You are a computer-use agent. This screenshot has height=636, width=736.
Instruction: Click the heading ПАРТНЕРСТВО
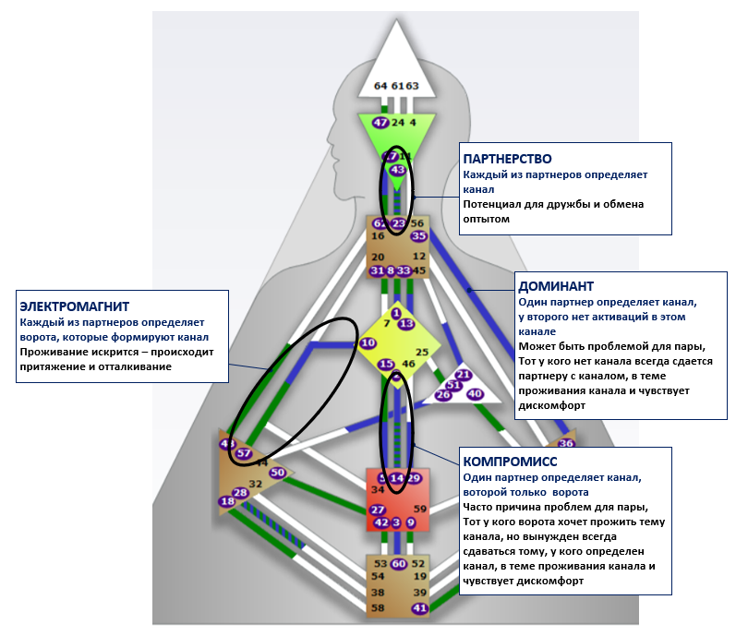(x=508, y=159)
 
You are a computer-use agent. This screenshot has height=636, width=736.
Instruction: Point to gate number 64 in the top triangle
(x=380, y=86)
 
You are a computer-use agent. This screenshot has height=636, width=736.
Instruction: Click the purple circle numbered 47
(x=380, y=122)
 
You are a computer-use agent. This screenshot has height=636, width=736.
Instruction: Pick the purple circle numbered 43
(x=398, y=170)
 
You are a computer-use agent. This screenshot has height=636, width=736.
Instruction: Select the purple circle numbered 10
(x=368, y=342)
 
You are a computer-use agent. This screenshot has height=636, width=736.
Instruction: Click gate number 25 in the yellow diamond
(x=422, y=352)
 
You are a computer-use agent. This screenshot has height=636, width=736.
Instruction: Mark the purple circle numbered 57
(x=244, y=453)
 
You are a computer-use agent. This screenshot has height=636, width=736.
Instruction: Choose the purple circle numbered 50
(x=277, y=473)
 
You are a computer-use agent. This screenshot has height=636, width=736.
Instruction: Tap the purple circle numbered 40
(x=475, y=394)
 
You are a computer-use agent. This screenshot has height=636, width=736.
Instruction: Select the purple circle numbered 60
(x=398, y=563)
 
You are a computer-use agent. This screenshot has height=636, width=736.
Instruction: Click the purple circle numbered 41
(x=419, y=608)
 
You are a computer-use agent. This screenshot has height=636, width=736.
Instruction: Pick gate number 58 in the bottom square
(x=378, y=608)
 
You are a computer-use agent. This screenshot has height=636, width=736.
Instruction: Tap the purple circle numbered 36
(x=566, y=444)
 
